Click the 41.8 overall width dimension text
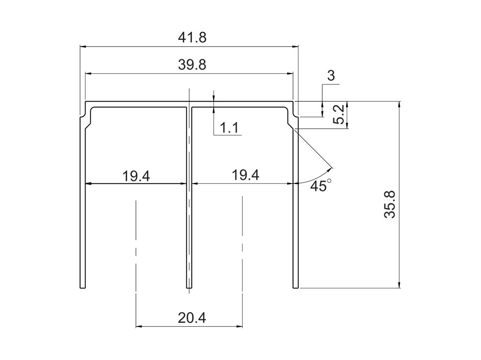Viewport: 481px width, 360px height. [192, 38]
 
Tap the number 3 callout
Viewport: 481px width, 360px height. [331, 76]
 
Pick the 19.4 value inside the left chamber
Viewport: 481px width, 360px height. [136, 176]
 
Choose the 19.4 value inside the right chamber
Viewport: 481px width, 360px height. [245, 175]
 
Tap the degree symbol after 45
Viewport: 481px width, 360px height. [329, 181]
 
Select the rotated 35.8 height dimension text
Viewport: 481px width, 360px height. [390, 205]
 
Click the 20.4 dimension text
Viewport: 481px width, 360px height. [192, 318]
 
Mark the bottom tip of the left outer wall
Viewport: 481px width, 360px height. [83, 287]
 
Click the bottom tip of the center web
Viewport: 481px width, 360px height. [189, 288]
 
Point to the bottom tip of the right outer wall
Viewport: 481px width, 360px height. [296, 287]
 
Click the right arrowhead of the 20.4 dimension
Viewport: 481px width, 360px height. [240, 327]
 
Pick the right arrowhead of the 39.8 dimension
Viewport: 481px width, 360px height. [290, 74]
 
